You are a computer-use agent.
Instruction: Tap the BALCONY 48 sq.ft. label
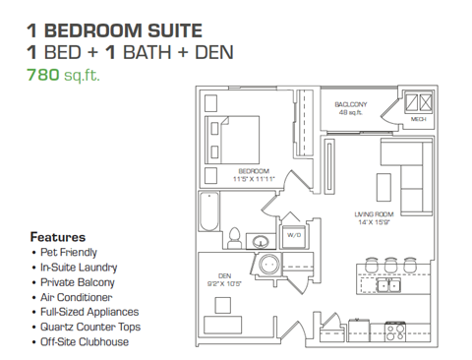tap(351, 108)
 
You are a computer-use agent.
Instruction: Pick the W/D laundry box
tap(293, 236)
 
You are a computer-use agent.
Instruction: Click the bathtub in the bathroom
tap(209, 215)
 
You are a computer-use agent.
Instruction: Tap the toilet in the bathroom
tap(234, 237)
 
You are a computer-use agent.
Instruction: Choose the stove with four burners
tap(396, 331)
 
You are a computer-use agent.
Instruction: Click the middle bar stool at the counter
tap(391, 265)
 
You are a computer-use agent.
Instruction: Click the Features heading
tap(58, 237)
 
